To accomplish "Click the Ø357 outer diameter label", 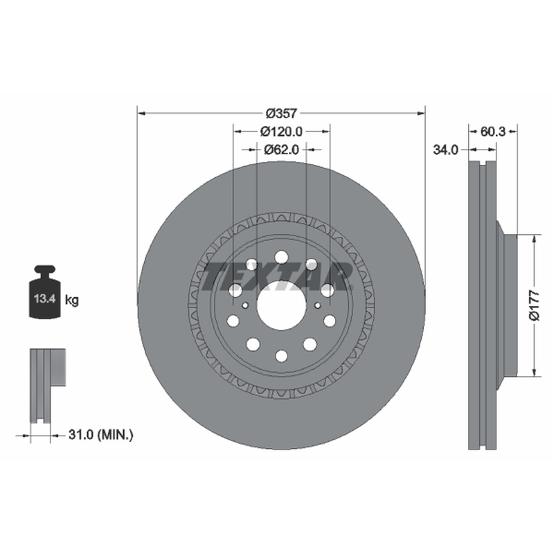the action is click(x=281, y=114).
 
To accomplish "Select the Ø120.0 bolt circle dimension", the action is click(x=281, y=132).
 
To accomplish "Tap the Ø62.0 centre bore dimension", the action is click(x=281, y=150).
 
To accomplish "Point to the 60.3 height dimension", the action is click(x=493, y=132).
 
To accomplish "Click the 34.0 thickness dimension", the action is click(x=445, y=150).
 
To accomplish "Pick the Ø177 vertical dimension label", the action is click(x=535, y=305).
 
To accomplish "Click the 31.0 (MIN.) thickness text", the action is click(x=100, y=435).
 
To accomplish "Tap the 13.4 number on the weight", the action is click(x=44, y=298).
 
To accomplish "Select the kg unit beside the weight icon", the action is click(x=72, y=301).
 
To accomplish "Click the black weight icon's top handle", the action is click(x=45, y=270).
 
